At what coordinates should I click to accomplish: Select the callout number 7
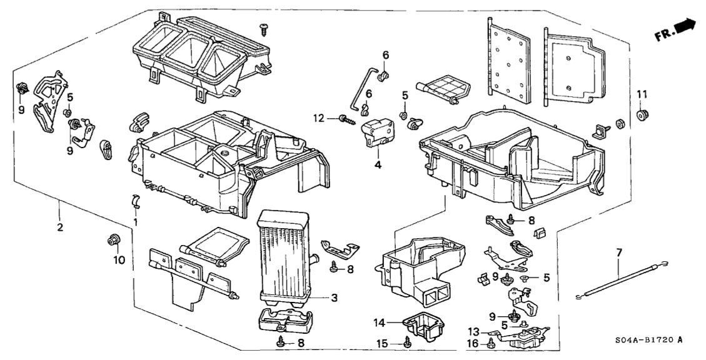[x=619, y=253]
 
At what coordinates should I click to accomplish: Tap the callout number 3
[x=335, y=298]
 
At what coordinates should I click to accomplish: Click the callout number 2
[x=60, y=227]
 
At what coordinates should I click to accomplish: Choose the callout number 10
[x=119, y=259]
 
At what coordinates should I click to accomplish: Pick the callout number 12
[x=335, y=117]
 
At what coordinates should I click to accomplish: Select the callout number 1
[x=136, y=221]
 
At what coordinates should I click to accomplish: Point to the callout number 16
[x=475, y=344]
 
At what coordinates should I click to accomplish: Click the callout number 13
[x=475, y=332]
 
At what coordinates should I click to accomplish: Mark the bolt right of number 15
[x=408, y=342]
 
